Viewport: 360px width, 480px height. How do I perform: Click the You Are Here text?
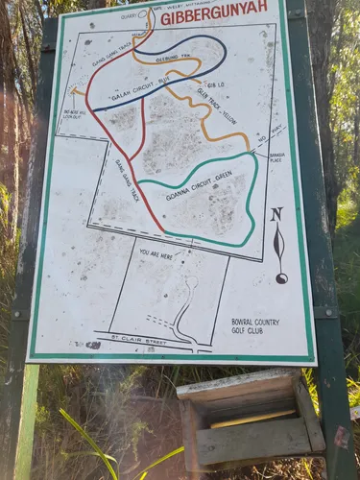pyautogui.click(x=156, y=253)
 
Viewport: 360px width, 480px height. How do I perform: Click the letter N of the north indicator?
pyautogui.click(x=276, y=213)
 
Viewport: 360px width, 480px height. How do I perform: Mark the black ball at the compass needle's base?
pyautogui.click(x=281, y=278)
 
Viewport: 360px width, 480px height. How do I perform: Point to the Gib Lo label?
pyautogui.click(x=216, y=70)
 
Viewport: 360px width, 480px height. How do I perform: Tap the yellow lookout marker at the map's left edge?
pyautogui.click(x=74, y=93)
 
